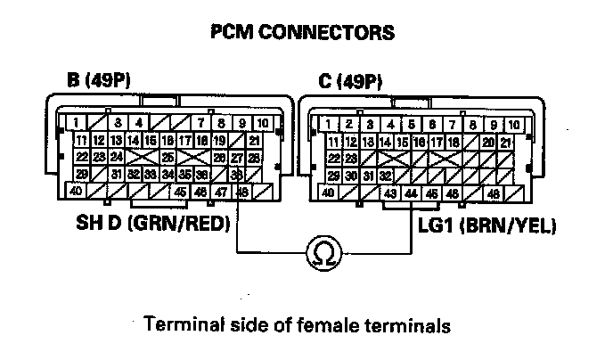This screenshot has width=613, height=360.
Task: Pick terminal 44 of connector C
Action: click(411, 192)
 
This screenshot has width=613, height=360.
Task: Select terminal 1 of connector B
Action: click(79, 123)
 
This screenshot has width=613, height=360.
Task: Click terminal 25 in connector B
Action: click(167, 157)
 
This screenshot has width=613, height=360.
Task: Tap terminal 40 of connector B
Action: click(77, 191)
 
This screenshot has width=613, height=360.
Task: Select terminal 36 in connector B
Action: click(202, 174)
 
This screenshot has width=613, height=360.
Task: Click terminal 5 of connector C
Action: click(411, 124)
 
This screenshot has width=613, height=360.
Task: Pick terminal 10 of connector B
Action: click(262, 123)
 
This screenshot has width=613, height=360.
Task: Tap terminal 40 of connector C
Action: click(328, 192)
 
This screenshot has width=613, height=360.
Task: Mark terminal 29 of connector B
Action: click(81, 174)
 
